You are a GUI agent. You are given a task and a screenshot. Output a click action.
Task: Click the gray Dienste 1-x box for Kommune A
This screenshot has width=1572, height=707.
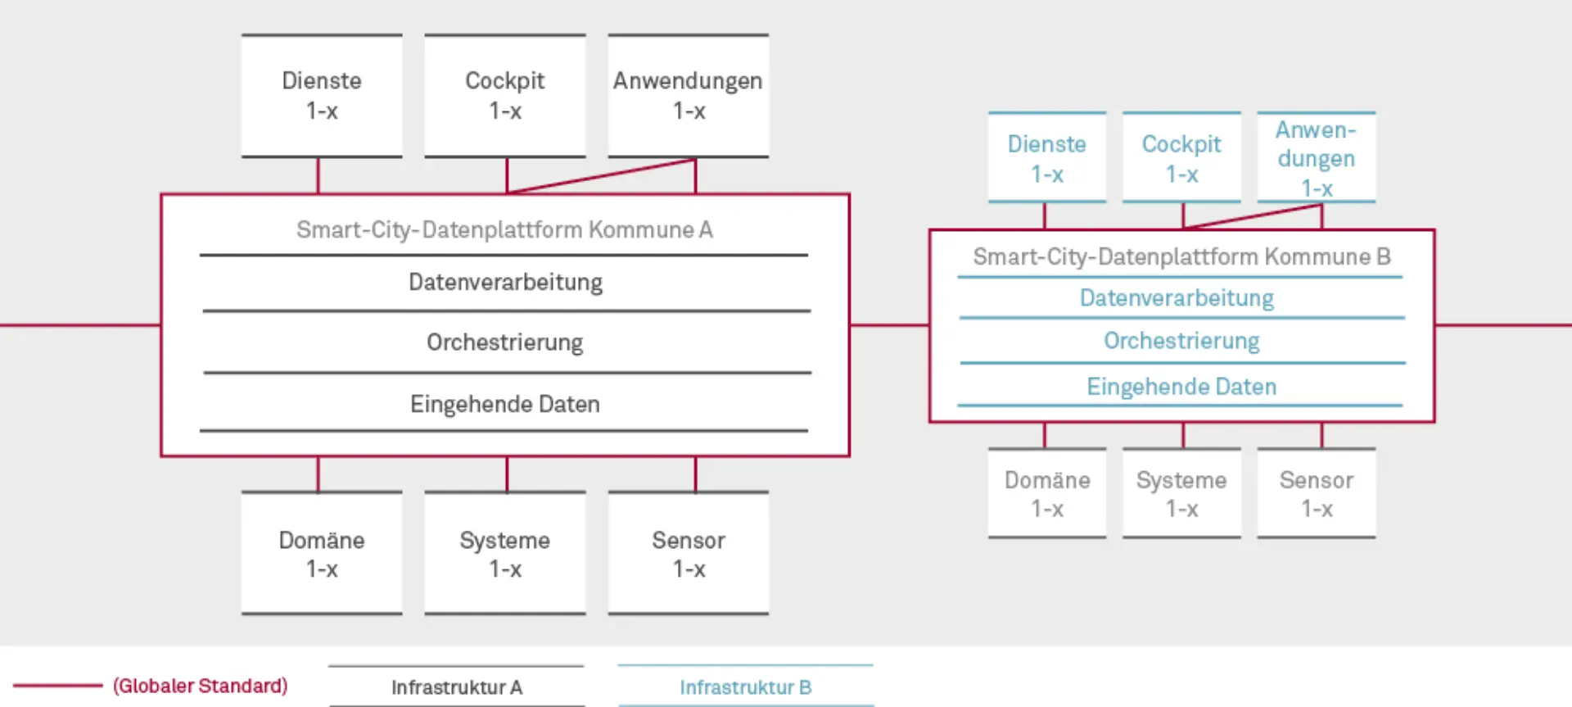tap(322, 96)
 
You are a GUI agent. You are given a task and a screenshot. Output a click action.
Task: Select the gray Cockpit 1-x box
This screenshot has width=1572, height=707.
tap(505, 96)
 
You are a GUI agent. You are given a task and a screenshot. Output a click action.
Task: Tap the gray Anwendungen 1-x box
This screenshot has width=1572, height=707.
tap(689, 96)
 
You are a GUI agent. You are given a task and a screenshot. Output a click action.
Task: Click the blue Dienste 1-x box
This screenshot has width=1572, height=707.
tap(1047, 158)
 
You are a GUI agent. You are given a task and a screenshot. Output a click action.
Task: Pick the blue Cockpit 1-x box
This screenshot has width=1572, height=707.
tap(1181, 158)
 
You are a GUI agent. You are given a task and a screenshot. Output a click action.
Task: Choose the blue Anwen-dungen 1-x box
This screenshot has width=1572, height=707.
tap(1317, 158)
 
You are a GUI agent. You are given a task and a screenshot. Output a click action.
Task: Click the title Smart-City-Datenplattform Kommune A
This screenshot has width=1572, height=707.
tap(504, 230)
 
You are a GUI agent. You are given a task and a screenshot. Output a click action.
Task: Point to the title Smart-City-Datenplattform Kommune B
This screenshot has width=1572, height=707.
tap(1181, 257)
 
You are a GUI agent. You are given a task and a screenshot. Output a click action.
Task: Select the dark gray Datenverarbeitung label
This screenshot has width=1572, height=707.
tap(505, 283)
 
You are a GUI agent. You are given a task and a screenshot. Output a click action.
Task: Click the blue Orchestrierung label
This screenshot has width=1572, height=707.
tap(1181, 341)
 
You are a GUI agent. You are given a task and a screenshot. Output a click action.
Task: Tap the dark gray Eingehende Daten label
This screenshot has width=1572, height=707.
tap(505, 404)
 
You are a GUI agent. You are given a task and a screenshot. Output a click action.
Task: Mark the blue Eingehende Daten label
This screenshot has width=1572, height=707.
tap(1181, 387)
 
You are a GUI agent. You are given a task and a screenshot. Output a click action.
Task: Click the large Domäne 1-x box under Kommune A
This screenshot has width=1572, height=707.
tap(322, 554)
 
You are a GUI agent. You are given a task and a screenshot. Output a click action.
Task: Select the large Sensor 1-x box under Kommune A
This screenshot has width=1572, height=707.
tap(689, 554)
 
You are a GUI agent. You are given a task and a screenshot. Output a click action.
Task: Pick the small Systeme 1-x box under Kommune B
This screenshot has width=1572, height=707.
tap(1181, 493)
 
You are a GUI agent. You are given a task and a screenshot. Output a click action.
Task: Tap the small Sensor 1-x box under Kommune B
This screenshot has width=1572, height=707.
tap(1317, 493)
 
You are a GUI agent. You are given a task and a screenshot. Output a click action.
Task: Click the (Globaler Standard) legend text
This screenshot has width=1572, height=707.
tap(201, 686)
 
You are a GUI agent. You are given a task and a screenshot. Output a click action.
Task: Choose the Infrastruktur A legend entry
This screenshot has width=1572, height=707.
tap(457, 687)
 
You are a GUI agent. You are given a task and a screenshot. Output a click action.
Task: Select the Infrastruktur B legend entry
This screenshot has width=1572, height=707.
tap(745, 687)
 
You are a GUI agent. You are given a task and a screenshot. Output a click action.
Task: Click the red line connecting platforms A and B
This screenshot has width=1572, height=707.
tap(889, 325)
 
